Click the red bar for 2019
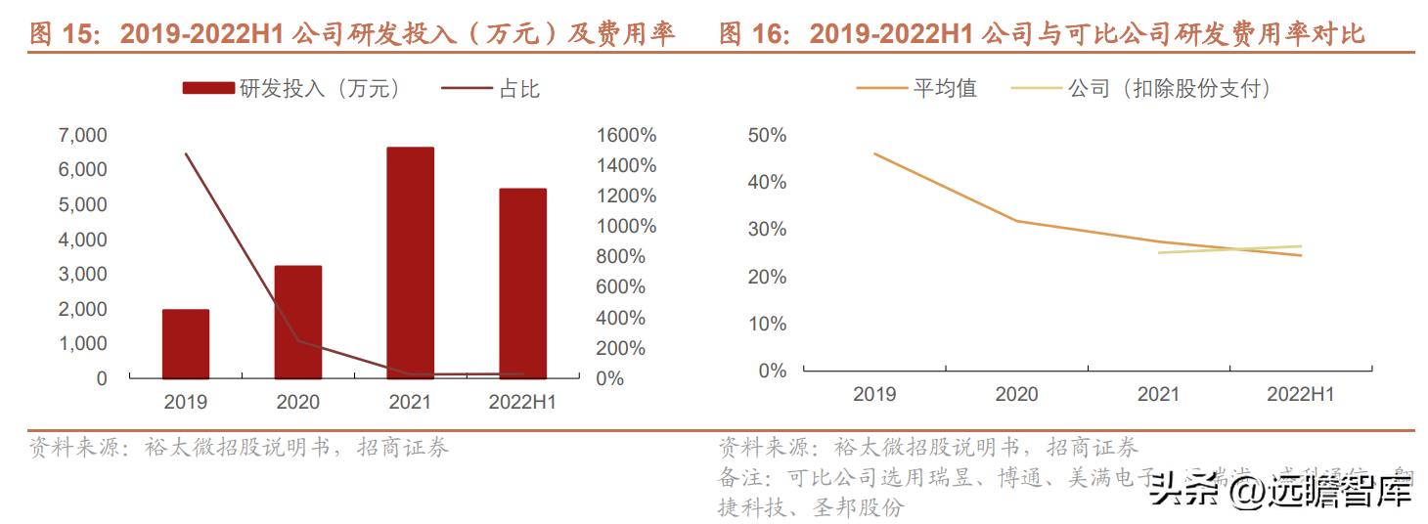pos(185,343)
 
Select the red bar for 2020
pos(297,322)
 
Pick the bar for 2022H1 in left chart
pos(522,283)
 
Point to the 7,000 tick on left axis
pos(83,135)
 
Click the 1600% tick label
pos(626,135)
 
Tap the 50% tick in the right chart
pos(766,135)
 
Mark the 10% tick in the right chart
pos(766,324)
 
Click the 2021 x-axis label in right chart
pos(1158,395)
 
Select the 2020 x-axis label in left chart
pos(297,402)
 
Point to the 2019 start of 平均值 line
pos(874,153)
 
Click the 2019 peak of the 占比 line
pos(186,154)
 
